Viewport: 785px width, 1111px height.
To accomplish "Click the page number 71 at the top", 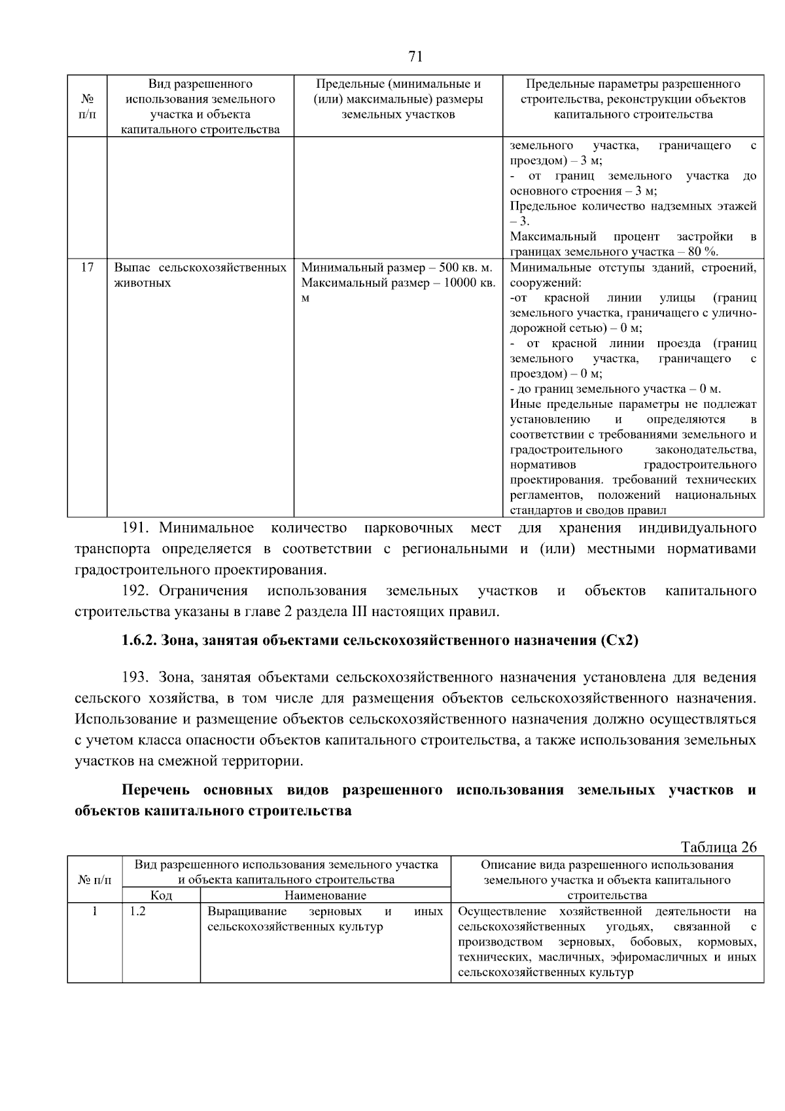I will tap(415, 57).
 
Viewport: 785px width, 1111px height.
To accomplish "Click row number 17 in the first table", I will tap(87, 267).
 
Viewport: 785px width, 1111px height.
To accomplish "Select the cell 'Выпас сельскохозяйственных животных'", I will tap(200, 275).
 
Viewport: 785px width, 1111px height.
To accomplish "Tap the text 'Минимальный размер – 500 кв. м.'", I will tap(396, 267).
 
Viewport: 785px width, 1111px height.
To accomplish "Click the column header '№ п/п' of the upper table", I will tap(87, 107).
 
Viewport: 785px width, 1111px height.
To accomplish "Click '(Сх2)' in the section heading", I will tap(618, 640).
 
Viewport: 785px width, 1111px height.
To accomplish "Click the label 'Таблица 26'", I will tap(718, 847).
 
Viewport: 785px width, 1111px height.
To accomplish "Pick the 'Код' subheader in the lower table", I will tap(161, 895).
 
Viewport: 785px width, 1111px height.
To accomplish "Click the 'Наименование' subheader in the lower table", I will tap(325, 895).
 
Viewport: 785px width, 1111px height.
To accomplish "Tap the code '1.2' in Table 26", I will tap(137, 911).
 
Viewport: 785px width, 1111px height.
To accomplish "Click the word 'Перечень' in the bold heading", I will tap(154, 790).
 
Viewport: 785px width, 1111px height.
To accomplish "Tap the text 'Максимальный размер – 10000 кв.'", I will tap(398, 283).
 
